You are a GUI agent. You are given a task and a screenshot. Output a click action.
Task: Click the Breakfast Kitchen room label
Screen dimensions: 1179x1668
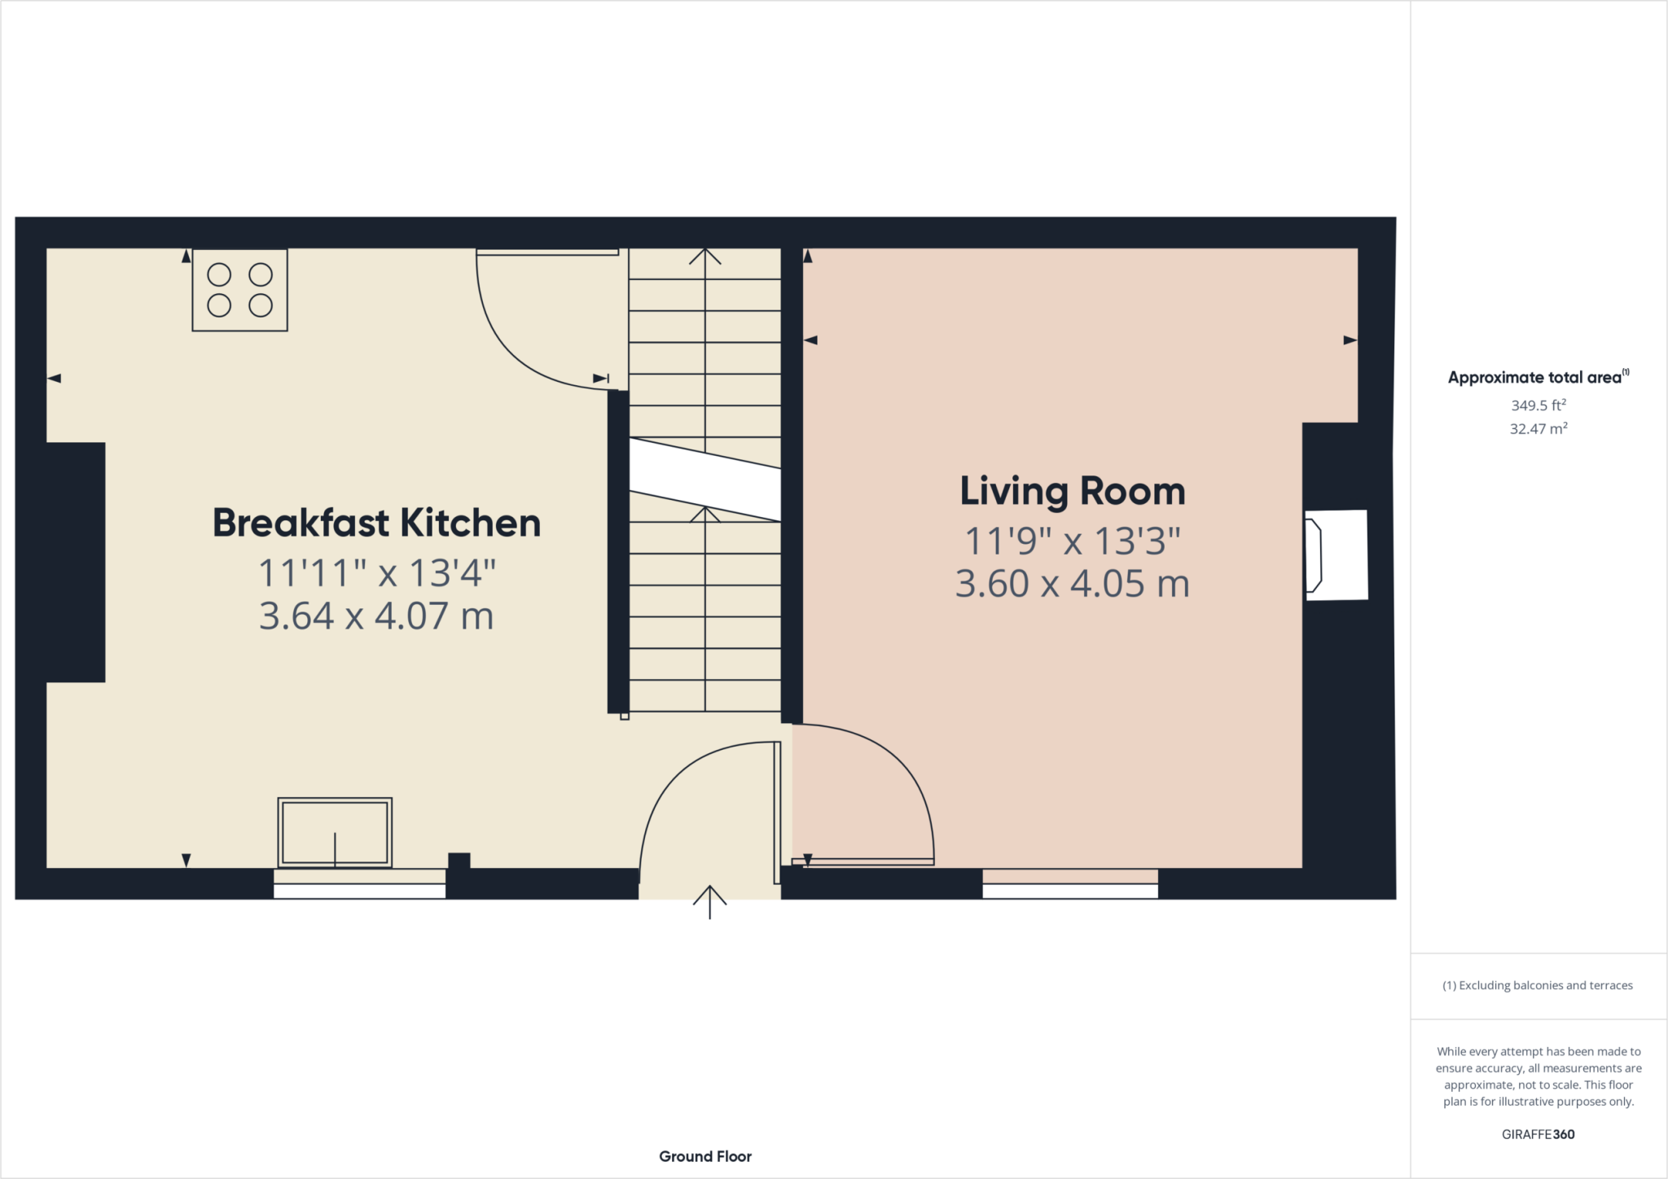click(x=376, y=524)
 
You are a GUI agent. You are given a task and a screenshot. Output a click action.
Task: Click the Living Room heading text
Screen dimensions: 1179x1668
click(x=1072, y=492)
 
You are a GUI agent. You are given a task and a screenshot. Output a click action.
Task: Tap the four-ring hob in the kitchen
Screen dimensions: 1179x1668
click(x=239, y=290)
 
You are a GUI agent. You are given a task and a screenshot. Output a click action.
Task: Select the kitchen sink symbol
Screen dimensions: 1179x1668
click(x=335, y=833)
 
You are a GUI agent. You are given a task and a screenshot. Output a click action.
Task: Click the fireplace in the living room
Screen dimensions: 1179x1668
click(x=1336, y=555)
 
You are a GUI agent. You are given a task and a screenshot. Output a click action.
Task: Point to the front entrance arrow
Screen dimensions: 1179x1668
click(x=709, y=901)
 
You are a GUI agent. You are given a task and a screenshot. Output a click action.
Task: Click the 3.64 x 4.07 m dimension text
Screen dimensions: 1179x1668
click(x=376, y=616)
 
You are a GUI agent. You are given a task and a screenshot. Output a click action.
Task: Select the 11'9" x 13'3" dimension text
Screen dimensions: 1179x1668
click(x=1072, y=541)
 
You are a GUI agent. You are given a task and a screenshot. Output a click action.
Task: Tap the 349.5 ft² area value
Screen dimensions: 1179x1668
click(x=1538, y=405)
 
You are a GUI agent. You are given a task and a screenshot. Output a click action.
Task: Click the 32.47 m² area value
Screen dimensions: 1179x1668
click(x=1538, y=429)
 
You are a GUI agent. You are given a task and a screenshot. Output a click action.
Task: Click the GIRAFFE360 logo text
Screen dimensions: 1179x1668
click(x=1538, y=1134)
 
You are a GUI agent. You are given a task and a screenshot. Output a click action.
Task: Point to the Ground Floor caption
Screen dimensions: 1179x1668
click(x=705, y=1156)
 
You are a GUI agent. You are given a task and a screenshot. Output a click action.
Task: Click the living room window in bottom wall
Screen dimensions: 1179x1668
click(x=1069, y=884)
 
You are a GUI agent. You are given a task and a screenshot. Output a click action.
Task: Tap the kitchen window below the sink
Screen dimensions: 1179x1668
click(x=359, y=884)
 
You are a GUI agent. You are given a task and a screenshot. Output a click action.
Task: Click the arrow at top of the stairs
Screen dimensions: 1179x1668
click(x=705, y=257)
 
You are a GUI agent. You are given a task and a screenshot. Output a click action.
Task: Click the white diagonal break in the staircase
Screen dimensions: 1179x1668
click(x=705, y=480)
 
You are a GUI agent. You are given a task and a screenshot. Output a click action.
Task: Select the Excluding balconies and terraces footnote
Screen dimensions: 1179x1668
click(x=1538, y=985)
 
